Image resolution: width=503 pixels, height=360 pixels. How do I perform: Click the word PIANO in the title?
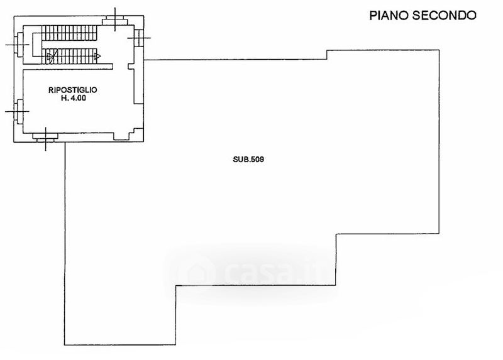388,15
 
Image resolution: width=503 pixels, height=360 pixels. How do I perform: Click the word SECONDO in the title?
444,15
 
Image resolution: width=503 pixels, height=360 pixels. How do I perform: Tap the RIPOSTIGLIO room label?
72,90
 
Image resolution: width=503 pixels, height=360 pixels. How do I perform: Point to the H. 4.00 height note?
73,98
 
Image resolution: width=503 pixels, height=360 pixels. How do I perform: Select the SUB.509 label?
248,159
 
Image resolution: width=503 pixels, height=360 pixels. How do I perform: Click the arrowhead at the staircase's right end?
98,57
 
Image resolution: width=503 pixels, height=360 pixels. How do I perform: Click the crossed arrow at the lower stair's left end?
52,57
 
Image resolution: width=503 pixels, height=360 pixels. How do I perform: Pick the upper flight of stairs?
69,33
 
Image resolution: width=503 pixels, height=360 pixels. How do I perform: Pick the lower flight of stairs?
71,56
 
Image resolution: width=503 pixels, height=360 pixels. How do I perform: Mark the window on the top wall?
114,21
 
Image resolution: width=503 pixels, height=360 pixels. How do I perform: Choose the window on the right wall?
138,38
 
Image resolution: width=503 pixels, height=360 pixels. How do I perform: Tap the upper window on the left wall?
19,44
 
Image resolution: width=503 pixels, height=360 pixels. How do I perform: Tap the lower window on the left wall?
19,112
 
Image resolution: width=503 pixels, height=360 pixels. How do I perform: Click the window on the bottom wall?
45,137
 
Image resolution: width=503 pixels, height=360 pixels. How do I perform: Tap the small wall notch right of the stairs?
131,67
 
